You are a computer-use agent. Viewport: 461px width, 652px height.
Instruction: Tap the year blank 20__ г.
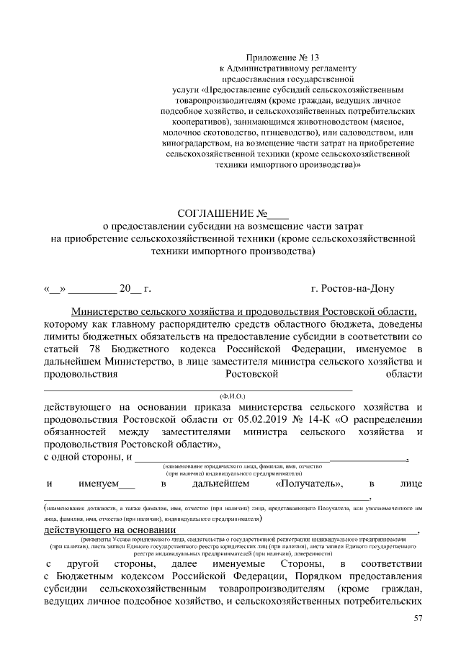[135, 290]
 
